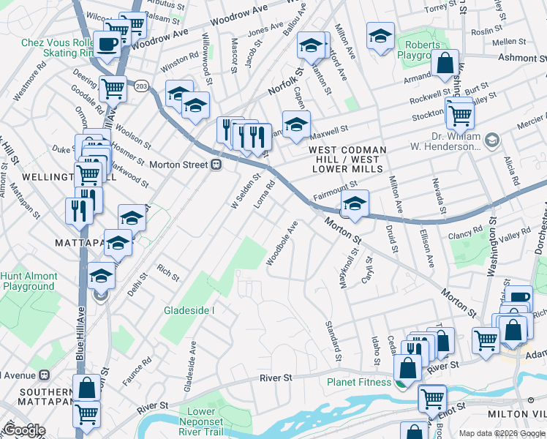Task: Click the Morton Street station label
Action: click(x=178, y=165)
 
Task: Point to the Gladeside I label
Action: click(x=189, y=310)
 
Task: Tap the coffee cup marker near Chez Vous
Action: click(x=108, y=45)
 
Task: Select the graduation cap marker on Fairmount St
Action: click(x=354, y=204)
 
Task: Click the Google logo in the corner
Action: click(x=24, y=430)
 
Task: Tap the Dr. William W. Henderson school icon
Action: click(x=492, y=139)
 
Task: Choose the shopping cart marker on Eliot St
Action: click(x=431, y=399)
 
